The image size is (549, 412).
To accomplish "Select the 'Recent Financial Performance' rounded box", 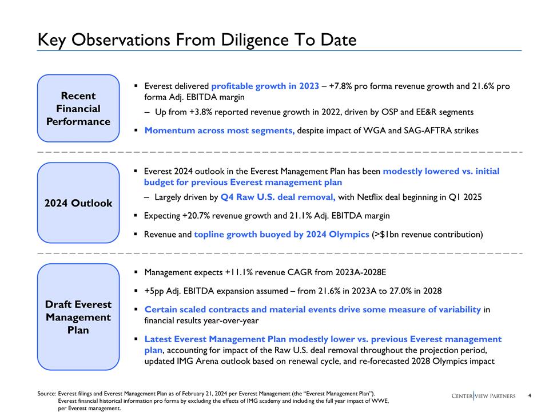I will tap(78, 108).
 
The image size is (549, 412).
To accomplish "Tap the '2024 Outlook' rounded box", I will tap(78, 203).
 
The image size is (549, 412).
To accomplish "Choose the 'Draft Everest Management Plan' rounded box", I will tap(78, 317).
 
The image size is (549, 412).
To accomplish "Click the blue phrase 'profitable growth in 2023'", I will tap(265, 86).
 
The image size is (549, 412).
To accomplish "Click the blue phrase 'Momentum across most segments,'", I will tap(220, 130).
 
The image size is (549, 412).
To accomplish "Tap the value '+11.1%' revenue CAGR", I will tap(239, 272).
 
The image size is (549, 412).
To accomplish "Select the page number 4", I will tap(530, 395).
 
